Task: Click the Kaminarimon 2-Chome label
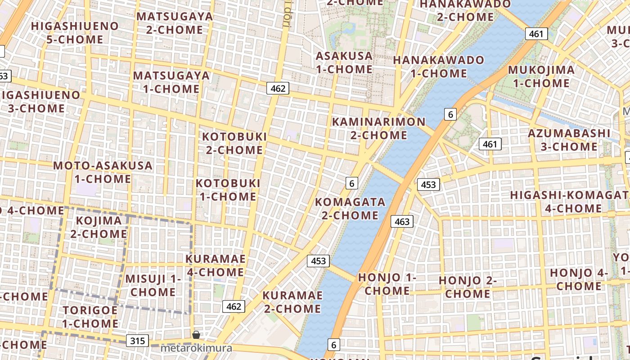point(378,128)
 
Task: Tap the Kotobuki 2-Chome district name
point(234,143)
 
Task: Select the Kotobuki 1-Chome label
point(228,190)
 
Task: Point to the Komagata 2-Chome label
point(350,208)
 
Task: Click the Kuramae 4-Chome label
point(215,265)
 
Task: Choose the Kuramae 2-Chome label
point(292,302)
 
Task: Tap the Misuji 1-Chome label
point(153,285)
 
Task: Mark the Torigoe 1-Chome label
point(90,317)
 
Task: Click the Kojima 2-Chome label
point(99,227)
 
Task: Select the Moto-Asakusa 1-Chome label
point(103,172)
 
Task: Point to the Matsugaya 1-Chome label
point(171,82)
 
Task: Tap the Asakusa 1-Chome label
point(344,63)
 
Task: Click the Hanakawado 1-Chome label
point(439,66)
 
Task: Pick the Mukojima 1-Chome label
point(541,76)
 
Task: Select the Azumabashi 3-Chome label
point(569,140)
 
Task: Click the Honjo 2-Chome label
point(468,287)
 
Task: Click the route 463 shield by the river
point(402,221)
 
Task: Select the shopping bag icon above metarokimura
point(196,334)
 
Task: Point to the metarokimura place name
point(197,348)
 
